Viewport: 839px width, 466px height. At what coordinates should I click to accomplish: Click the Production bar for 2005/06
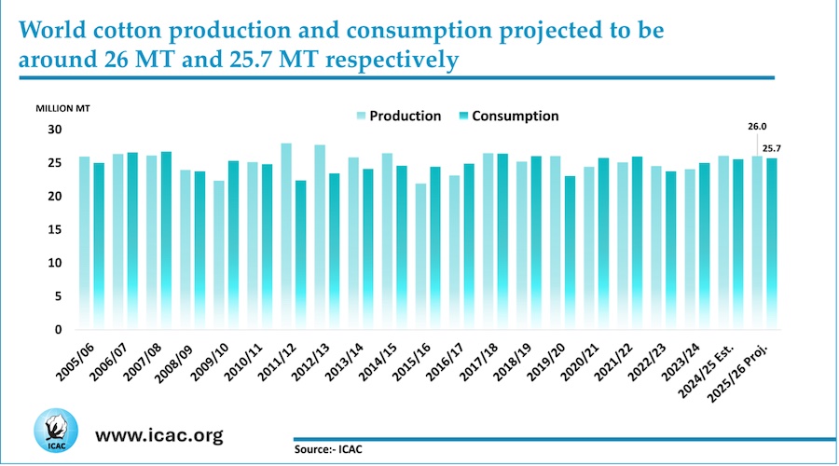[x=85, y=243]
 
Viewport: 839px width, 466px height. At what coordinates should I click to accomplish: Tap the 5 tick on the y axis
[x=58, y=296]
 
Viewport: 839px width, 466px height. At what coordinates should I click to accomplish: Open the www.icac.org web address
[x=159, y=435]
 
